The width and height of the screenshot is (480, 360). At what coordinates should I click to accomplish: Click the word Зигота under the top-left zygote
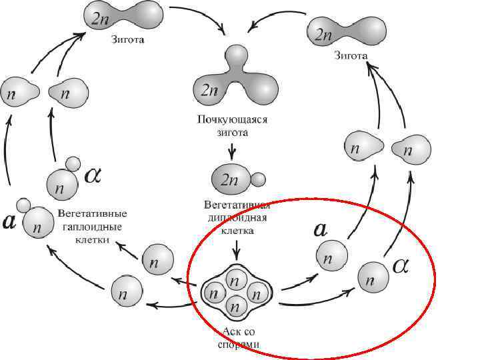pos(129,39)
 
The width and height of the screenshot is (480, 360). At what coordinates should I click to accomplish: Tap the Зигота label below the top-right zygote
pos(351,54)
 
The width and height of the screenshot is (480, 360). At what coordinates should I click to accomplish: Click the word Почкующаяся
pos(231,121)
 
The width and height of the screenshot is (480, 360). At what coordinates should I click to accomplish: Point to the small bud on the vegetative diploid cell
pos(257,179)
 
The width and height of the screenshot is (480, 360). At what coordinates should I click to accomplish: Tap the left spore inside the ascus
pos(215,291)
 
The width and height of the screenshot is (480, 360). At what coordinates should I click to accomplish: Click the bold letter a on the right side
pos(320,230)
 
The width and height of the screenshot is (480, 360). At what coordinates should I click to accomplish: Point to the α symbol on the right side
pos(401,265)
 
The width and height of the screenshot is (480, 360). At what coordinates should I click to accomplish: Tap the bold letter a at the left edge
pos(9,221)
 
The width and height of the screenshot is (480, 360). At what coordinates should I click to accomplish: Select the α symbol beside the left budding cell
pos(93,175)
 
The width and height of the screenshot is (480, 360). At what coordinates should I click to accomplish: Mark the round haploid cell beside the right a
pos(332,255)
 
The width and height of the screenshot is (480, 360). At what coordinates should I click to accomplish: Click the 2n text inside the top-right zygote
pos(325,33)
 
